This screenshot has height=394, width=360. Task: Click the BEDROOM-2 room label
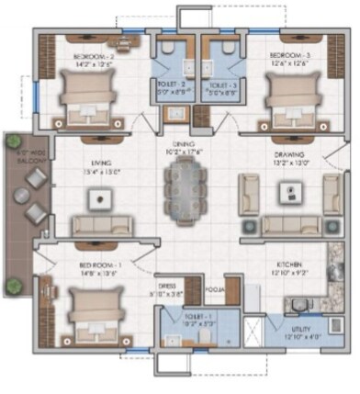pos(92,55)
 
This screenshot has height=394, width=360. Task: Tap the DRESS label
pos(166,286)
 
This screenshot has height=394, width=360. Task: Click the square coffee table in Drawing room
pos(290,192)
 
